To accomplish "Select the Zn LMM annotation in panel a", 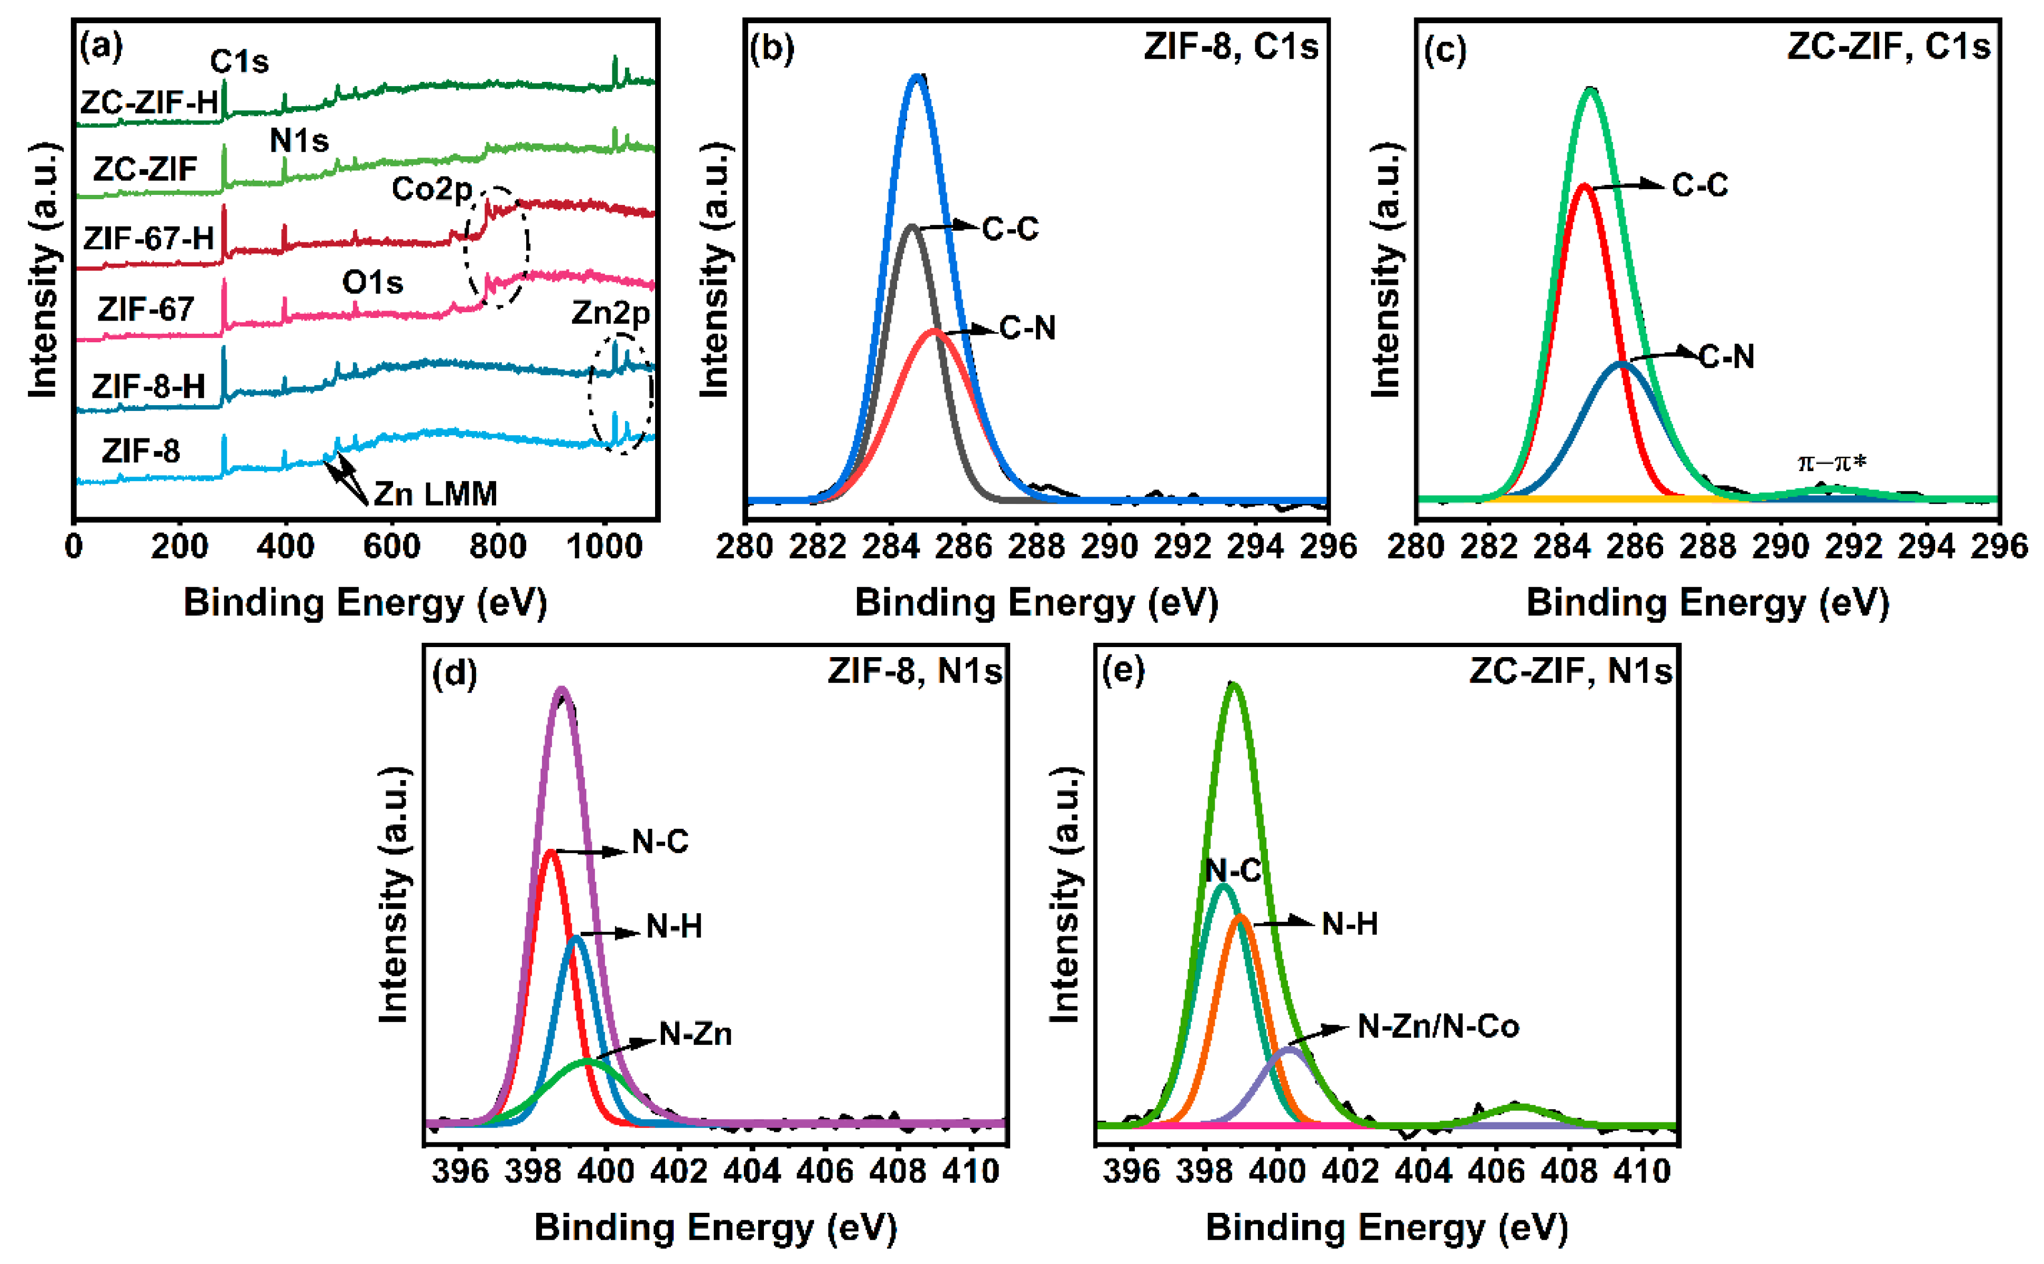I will tap(435, 493).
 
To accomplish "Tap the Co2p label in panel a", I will tap(432, 189).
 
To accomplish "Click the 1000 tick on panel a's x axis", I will tap(604, 547).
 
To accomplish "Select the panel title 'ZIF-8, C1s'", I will tap(1230, 46).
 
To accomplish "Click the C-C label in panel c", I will tap(1700, 185).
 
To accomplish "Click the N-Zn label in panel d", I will tap(696, 1034).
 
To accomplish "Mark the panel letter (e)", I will tap(1123, 670).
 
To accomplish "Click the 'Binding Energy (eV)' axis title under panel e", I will tap(1386, 1227).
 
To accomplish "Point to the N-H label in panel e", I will tap(1349, 924).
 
